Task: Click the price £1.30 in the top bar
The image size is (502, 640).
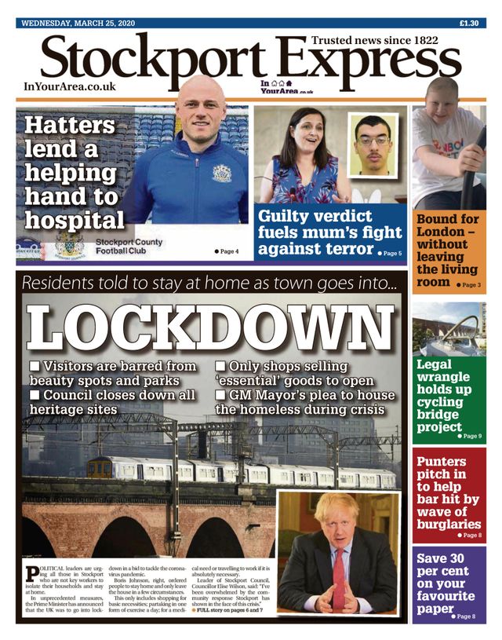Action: [x=468, y=23]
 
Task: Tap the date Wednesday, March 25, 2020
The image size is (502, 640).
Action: [x=78, y=23]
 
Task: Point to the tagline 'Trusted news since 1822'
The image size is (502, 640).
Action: [x=375, y=39]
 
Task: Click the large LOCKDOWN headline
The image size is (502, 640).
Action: [x=210, y=327]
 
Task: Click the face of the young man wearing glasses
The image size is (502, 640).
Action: [x=373, y=141]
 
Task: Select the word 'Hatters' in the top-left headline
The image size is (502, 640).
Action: [x=69, y=126]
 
